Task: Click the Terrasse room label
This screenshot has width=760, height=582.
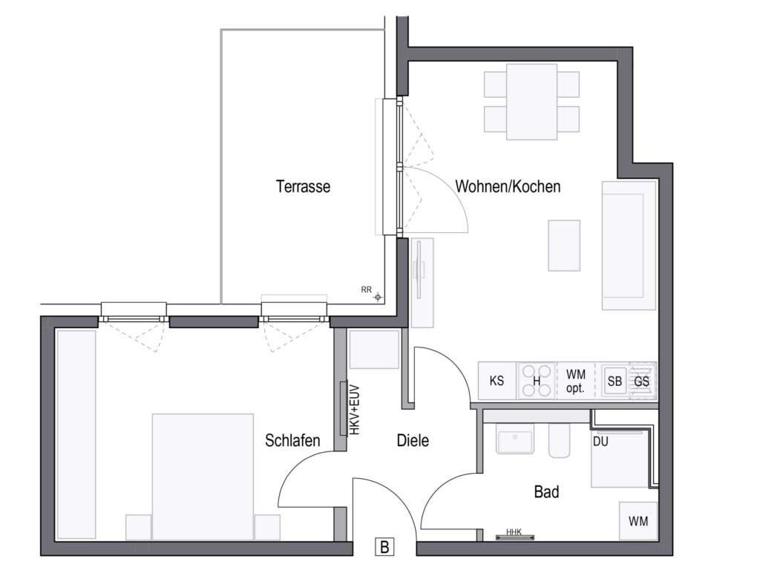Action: pos(303,186)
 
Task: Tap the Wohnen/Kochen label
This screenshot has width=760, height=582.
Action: pos(508,186)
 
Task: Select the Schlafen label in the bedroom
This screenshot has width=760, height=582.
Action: pos(292,440)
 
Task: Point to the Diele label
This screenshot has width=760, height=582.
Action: pos(413,440)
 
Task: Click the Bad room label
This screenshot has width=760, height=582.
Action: pos(546,491)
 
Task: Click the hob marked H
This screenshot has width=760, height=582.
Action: pos(537,381)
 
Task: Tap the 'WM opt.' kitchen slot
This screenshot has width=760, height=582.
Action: pos(576,381)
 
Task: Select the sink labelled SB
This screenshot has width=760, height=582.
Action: pos(615,382)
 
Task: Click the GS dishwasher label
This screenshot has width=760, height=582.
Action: pos(642,382)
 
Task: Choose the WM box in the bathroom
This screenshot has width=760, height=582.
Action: pos(638,521)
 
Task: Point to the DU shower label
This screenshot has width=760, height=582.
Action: pos(600,442)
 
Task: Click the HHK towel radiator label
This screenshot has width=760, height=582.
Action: pos(514,532)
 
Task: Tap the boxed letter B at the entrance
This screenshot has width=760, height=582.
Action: pos(385,547)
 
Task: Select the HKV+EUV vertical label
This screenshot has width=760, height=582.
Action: pos(355,410)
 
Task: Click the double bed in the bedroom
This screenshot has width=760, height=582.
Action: pos(203,477)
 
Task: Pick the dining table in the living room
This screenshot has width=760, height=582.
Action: pos(531,102)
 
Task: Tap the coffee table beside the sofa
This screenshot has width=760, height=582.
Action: pos(564,246)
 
